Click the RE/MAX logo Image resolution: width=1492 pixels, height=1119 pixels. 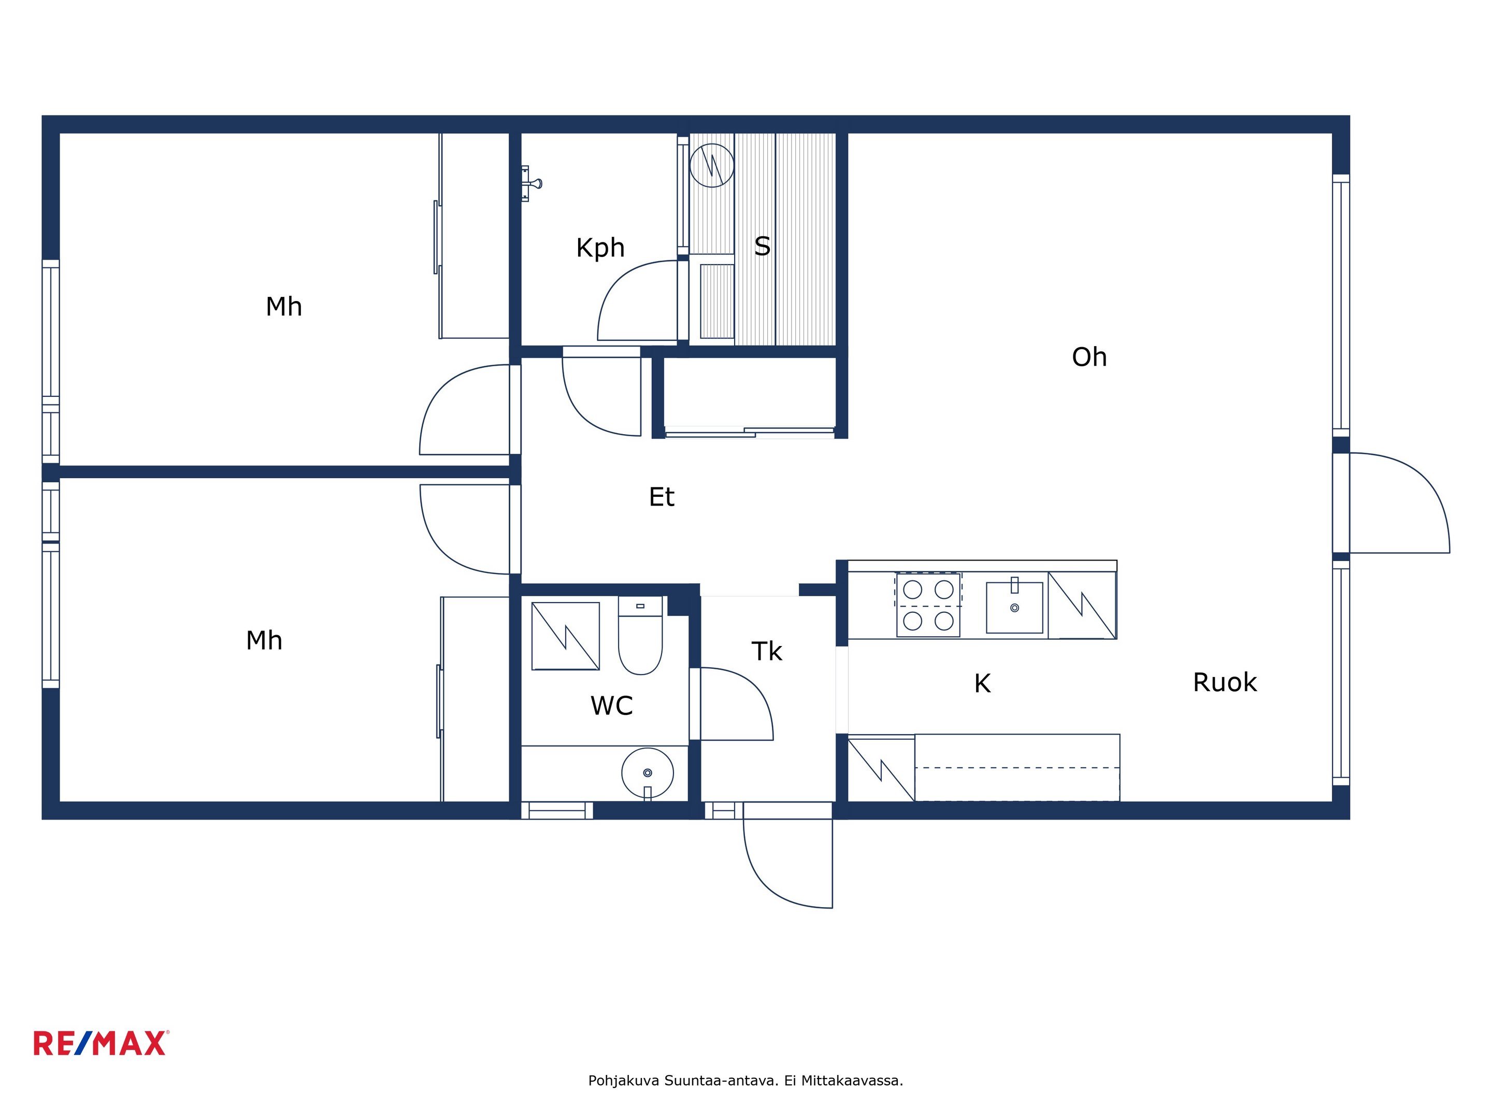coord(101,1043)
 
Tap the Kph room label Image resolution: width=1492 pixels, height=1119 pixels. coord(600,248)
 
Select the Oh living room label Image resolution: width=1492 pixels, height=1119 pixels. coord(1089,357)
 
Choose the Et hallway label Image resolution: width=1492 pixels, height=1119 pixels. coord(662,497)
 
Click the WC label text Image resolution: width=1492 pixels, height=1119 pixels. coord(612,706)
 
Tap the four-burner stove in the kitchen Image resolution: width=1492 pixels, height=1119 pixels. coord(928,605)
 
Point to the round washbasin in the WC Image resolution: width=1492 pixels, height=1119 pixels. coord(648,773)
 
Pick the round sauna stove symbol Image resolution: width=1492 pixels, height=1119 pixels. coord(712,165)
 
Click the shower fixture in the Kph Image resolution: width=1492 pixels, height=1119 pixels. coord(531,183)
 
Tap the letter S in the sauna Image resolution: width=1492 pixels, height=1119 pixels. coord(762,246)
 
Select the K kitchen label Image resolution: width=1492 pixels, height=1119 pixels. coord(982,683)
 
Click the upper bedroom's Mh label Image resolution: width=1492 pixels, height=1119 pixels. coord(284,306)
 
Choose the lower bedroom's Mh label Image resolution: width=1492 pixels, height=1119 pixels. coord(264,640)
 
